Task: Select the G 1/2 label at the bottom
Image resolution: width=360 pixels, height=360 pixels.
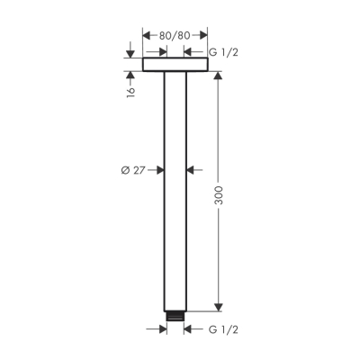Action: pyautogui.click(x=224, y=328)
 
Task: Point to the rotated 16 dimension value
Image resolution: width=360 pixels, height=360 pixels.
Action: pyautogui.click(x=130, y=90)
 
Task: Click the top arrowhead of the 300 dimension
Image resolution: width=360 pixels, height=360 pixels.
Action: pyautogui.click(x=218, y=76)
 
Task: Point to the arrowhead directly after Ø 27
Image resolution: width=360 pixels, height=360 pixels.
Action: pyautogui.click(x=158, y=168)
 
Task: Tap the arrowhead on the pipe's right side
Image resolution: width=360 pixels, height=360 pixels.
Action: pyautogui.click(x=191, y=168)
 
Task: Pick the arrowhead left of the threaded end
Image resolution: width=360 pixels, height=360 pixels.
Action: pyautogui.click(x=162, y=328)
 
